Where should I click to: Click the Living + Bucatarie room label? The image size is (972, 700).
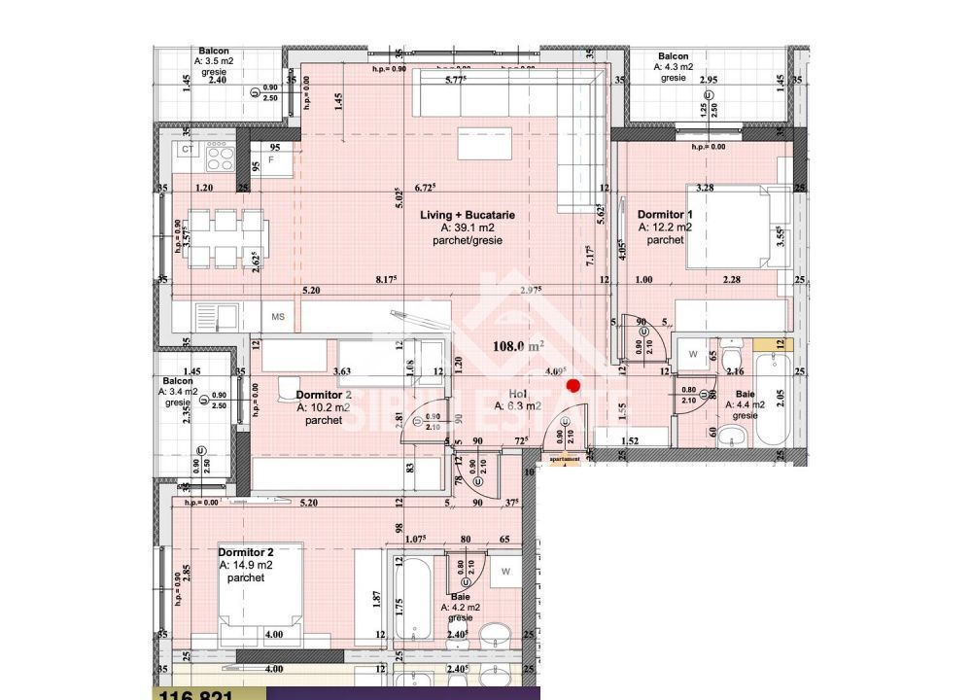[468, 215]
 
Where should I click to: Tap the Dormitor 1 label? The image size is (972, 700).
[665, 214]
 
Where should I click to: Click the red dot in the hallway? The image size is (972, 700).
[573, 386]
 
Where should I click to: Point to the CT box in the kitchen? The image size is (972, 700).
[188, 150]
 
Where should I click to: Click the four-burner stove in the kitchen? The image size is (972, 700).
[220, 155]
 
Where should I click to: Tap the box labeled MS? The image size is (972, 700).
[278, 316]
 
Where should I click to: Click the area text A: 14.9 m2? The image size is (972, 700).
[246, 565]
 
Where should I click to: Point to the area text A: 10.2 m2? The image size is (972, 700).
[324, 409]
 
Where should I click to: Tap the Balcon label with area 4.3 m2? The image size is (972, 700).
[674, 67]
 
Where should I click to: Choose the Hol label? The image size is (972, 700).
[516, 395]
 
